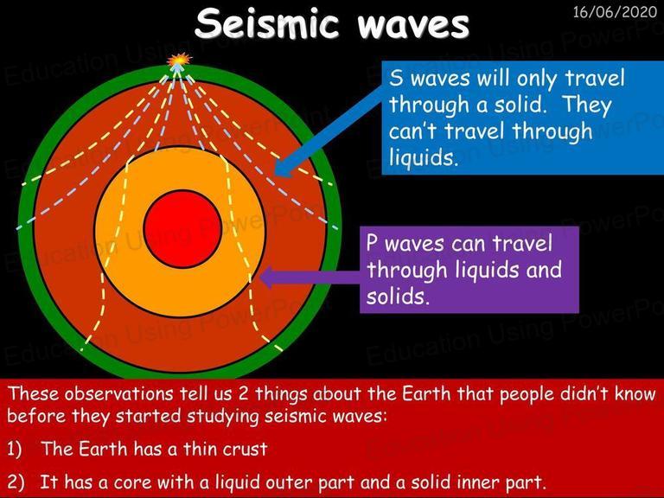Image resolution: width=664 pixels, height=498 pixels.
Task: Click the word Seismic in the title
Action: (x=267, y=23)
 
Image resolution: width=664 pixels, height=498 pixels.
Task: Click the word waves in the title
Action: (x=413, y=25)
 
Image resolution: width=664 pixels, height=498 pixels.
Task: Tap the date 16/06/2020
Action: (x=615, y=11)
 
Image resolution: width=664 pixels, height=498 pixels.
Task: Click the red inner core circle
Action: (x=183, y=228)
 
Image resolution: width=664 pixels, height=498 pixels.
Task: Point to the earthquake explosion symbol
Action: (x=180, y=61)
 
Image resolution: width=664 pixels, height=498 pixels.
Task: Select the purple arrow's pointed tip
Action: (x=259, y=278)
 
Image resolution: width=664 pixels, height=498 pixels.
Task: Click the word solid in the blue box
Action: (x=516, y=104)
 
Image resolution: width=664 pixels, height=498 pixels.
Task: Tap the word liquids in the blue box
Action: (x=423, y=157)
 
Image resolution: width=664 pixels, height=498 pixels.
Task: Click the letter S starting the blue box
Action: (x=396, y=79)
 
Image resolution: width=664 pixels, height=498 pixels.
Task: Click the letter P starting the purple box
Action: (x=373, y=244)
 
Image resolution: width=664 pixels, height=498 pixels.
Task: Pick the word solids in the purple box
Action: (x=398, y=296)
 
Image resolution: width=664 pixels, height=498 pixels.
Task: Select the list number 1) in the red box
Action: (x=15, y=449)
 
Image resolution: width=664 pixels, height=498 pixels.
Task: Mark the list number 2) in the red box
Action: (x=16, y=482)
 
